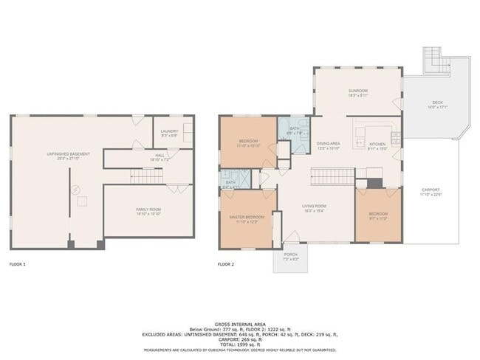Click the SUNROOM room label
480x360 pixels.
pyautogui.click(x=358, y=91)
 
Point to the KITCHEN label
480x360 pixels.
pyautogui.click(x=377, y=144)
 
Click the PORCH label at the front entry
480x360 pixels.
pyautogui.click(x=291, y=255)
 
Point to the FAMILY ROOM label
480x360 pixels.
pyautogui.click(x=147, y=210)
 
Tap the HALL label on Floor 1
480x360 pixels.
pyautogui.click(x=160, y=155)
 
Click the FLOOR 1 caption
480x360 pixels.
pyautogui.click(x=17, y=263)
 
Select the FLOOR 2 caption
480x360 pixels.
pyautogui.click(x=225, y=263)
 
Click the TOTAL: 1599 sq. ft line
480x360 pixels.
pyautogui.click(x=240, y=344)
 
